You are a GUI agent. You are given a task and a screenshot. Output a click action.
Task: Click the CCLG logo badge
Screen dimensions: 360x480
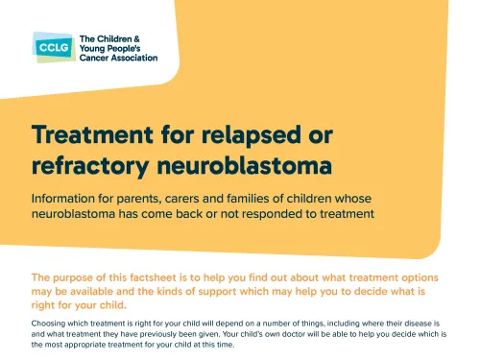50,47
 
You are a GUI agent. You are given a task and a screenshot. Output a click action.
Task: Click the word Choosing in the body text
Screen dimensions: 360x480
50,324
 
